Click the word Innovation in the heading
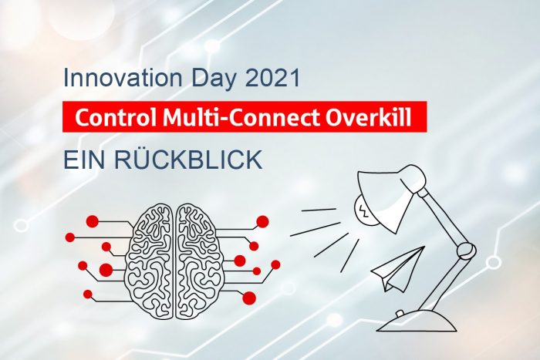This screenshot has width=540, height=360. coord(123,78)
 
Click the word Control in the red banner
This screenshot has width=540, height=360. coord(116,117)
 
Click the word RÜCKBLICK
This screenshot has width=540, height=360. coord(188,159)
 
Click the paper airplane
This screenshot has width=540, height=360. coord(399,269)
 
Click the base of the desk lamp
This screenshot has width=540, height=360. coord(417,321)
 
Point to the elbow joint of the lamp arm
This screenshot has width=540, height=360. coord(466,251)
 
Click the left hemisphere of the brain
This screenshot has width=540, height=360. coord(150,260)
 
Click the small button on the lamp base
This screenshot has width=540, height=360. coord(400,313)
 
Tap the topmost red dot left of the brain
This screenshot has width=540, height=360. coord(93,221)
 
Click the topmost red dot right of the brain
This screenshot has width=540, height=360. coord(262,222)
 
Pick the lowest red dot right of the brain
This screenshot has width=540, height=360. coord(249,298)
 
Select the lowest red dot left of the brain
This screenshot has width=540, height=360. coord(88,294)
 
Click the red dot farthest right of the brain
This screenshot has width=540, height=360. coord(275,264)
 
